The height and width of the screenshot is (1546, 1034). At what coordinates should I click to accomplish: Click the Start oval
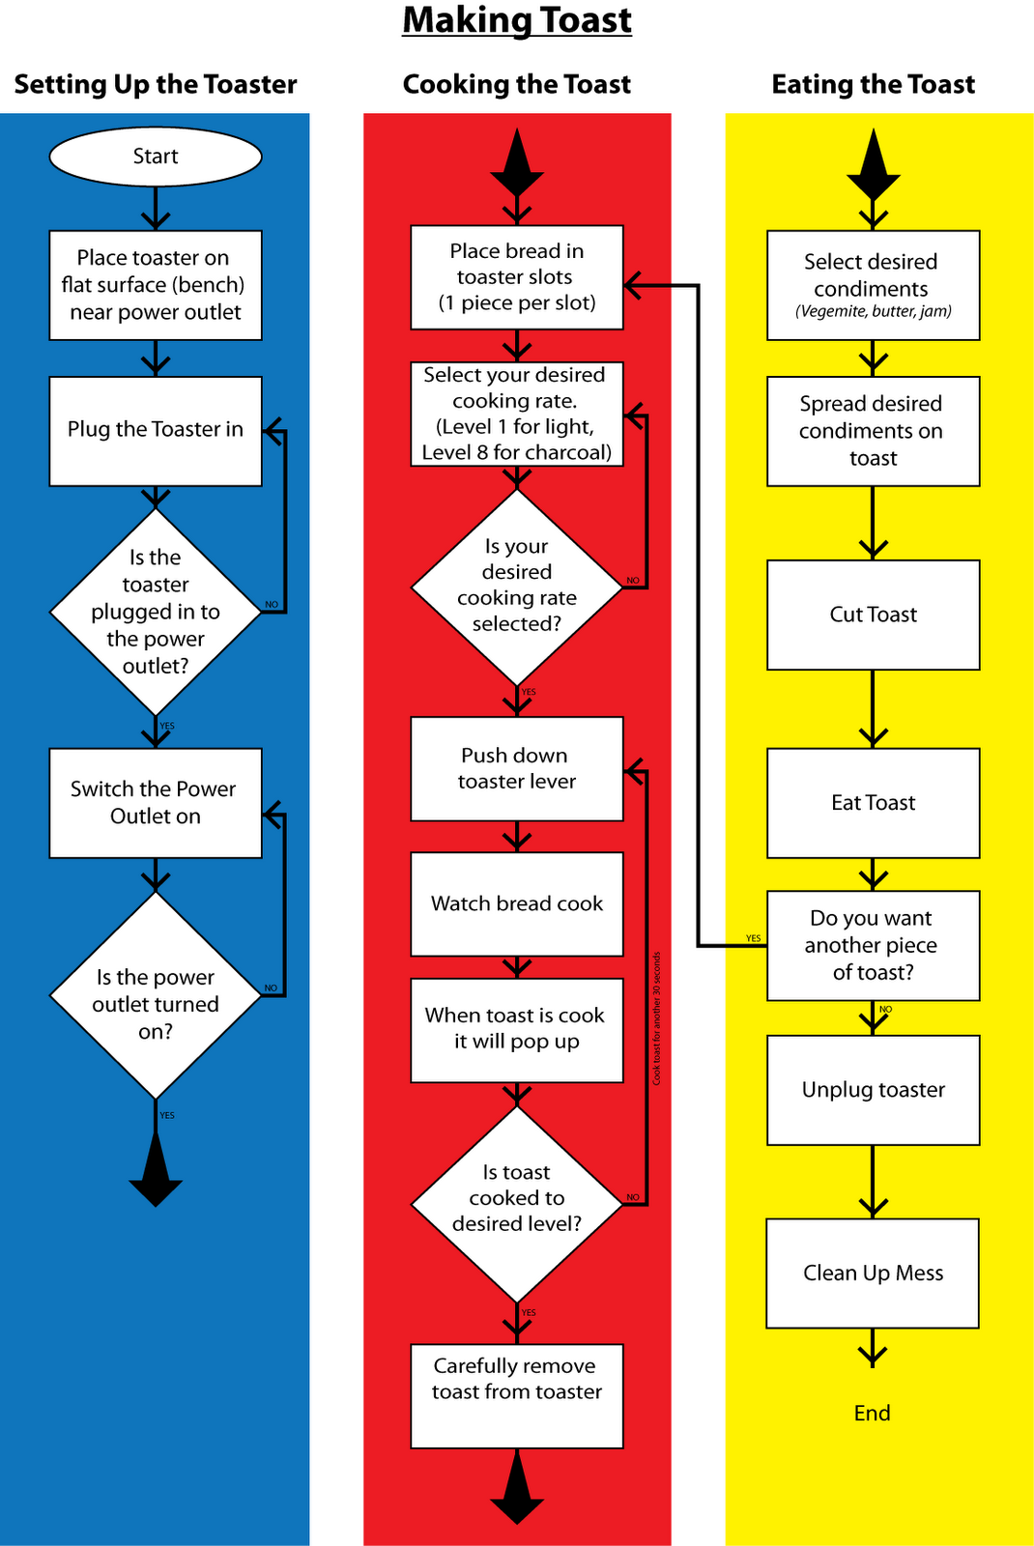156,157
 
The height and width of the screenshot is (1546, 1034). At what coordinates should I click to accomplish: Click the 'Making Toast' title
517,20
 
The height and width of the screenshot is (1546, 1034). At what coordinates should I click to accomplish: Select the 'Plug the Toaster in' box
156,431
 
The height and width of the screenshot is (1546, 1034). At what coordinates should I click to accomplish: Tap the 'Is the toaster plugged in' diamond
156,611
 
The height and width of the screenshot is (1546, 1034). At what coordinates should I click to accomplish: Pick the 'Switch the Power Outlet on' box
156,803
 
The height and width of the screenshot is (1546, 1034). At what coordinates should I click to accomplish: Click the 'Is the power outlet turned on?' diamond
156,995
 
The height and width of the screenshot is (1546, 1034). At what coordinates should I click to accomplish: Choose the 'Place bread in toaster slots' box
517,277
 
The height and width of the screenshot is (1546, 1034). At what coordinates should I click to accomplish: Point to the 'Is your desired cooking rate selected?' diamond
517,587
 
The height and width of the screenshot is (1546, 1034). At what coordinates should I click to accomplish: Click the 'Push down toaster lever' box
517,769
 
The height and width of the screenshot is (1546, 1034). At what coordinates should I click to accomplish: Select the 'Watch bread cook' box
517,904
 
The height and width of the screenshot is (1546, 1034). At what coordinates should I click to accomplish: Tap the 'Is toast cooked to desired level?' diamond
517,1203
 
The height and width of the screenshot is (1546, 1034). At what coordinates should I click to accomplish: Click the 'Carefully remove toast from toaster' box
517,1395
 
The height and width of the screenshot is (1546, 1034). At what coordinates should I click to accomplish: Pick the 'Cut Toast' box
874,615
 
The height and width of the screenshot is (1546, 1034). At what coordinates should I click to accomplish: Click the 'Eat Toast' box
874,803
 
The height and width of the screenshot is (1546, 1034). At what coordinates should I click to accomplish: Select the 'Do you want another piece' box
874,945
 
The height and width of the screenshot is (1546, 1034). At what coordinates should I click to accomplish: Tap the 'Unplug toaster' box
874,1090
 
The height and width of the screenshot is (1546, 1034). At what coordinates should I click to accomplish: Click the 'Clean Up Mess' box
873,1274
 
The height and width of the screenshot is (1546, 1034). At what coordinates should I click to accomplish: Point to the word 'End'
873,1414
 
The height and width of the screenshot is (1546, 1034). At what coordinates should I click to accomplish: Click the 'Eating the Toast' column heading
874,85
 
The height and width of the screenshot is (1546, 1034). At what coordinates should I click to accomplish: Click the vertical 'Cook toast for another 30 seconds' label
657,1018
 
